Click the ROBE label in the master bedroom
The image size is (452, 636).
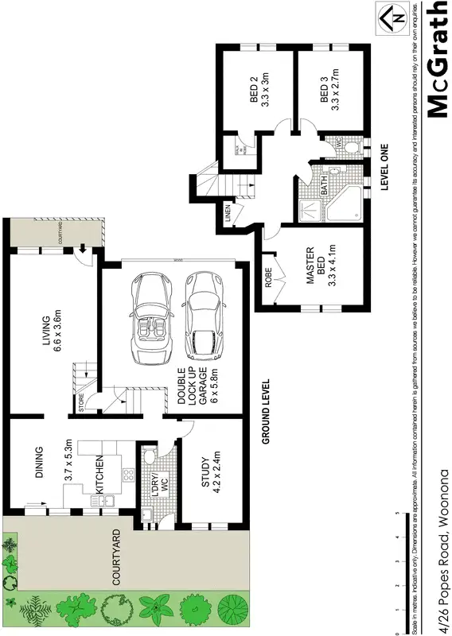[268, 275]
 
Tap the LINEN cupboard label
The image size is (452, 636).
[228, 211]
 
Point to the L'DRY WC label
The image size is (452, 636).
[161, 482]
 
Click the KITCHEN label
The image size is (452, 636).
[100, 475]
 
